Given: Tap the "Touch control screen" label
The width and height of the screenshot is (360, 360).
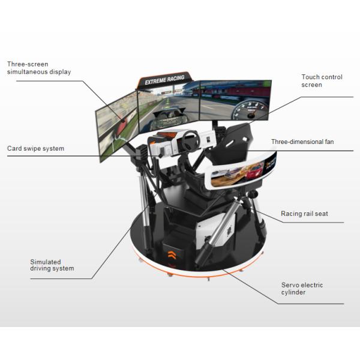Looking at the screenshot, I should pyautogui.click(x=320, y=81).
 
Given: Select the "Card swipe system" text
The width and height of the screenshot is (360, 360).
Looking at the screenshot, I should pyautogui.click(x=35, y=148).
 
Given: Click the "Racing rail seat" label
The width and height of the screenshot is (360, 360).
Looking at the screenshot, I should pyautogui.click(x=304, y=214).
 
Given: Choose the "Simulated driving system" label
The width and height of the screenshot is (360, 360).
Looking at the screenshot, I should pyautogui.click(x=52, y=265).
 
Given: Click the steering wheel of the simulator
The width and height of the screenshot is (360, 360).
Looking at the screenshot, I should pyautogui.click(x=191, y=140).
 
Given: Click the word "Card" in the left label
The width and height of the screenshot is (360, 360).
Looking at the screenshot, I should pyautogui.click(x=15, y=148).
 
